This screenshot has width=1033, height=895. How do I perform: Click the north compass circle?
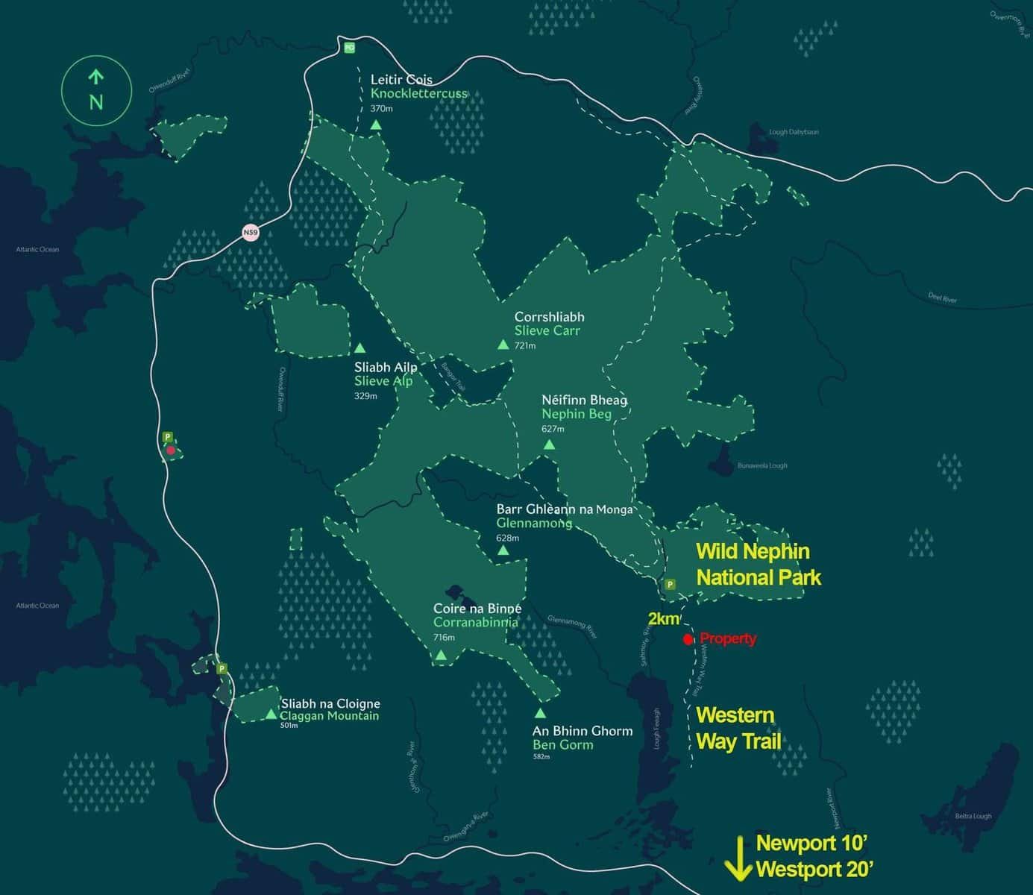click(x=96, y=92)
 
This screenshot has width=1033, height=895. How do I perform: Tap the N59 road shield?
click(x=251, y=233)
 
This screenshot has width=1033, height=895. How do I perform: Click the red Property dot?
click(x=688, y=639)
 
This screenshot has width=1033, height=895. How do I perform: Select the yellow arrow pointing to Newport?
click(x=738, y=857)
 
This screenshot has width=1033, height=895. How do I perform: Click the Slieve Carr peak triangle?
click(x=503, y=345)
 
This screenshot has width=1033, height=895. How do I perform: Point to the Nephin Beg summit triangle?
click(x=549, y=445)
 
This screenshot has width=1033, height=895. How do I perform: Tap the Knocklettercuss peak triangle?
click(x=376, y=125)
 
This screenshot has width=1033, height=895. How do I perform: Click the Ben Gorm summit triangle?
click(x=540, y=713)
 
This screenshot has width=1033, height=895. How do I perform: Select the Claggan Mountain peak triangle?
click(x=271, y=715)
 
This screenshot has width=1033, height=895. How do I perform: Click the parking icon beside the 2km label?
click(x=670, y=585)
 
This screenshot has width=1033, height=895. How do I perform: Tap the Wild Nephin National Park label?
click(x=757, y=565)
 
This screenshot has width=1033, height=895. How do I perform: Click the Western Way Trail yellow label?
click(x=738, y=728)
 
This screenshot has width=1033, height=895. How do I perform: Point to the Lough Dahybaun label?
click(x=794, y=132)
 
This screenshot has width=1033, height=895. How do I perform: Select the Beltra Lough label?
click(x=973, y=816)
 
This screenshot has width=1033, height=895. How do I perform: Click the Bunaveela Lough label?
click(x=762, y=465)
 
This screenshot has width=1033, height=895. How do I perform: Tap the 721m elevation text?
click(x=525, y=346)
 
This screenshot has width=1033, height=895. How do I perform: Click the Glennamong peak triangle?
click(x=503, y=550)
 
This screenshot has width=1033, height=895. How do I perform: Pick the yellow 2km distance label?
click(x=664, y=619)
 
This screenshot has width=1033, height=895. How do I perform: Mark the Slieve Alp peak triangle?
click(x=359, y=348)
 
